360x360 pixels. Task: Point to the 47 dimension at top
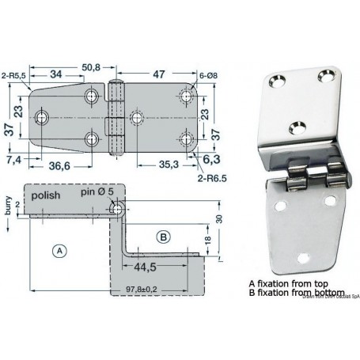(158, 74)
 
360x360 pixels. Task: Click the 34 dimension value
(56, 75)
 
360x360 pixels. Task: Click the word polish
(49, 193)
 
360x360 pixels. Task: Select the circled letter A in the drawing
(58, 251)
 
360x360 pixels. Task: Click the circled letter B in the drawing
(162, 235)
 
